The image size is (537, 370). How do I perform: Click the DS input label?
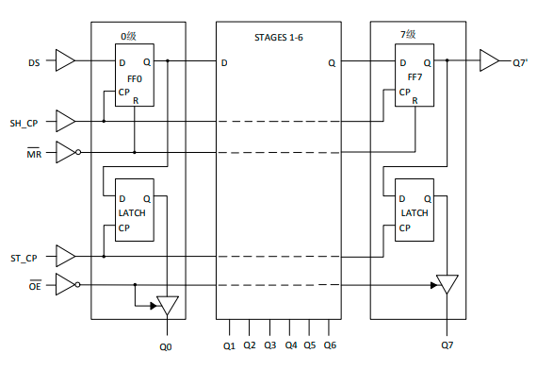tap(35, 63)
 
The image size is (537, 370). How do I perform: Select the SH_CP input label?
tap(24, 123)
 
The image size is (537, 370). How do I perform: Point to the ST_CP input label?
tap(24, 257)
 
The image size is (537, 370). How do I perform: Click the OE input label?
tap(33, 285)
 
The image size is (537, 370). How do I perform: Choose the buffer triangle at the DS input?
tap(65, 62)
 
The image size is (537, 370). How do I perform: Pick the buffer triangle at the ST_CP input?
tap(65, 256)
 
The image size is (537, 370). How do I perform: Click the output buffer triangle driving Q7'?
tap(489, 62)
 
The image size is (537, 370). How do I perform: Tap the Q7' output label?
tap(520, 63)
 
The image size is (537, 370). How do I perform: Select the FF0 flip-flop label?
tap(136, 78)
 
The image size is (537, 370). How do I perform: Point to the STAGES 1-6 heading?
tap(280, 39)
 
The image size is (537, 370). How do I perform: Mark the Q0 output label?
tap(167, 346)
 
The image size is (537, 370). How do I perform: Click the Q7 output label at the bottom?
tap(447, 345)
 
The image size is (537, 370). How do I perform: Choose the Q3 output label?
tap(268, 345)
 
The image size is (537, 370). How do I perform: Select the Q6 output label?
tap(330, 345)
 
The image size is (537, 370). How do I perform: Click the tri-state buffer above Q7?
tap(447, 284)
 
